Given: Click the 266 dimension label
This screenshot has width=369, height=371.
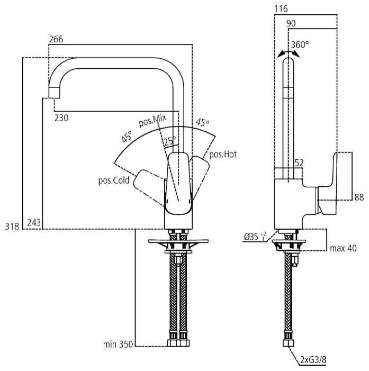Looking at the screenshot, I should pos(57,40).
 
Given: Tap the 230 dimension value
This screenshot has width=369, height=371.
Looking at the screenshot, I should pos(61,118).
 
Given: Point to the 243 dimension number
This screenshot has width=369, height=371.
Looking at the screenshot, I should pos(34,223).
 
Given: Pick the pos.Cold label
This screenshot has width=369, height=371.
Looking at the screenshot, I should pos(113,180).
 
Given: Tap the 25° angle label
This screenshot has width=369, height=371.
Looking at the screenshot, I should pos(169,141).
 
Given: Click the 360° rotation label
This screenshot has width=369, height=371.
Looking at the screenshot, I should pos(300,45).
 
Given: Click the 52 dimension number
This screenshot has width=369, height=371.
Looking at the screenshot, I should pos(299,164).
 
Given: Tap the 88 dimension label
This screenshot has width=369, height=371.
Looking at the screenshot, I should pos(359,197).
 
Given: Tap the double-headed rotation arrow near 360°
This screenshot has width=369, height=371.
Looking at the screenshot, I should pos(288,53).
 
